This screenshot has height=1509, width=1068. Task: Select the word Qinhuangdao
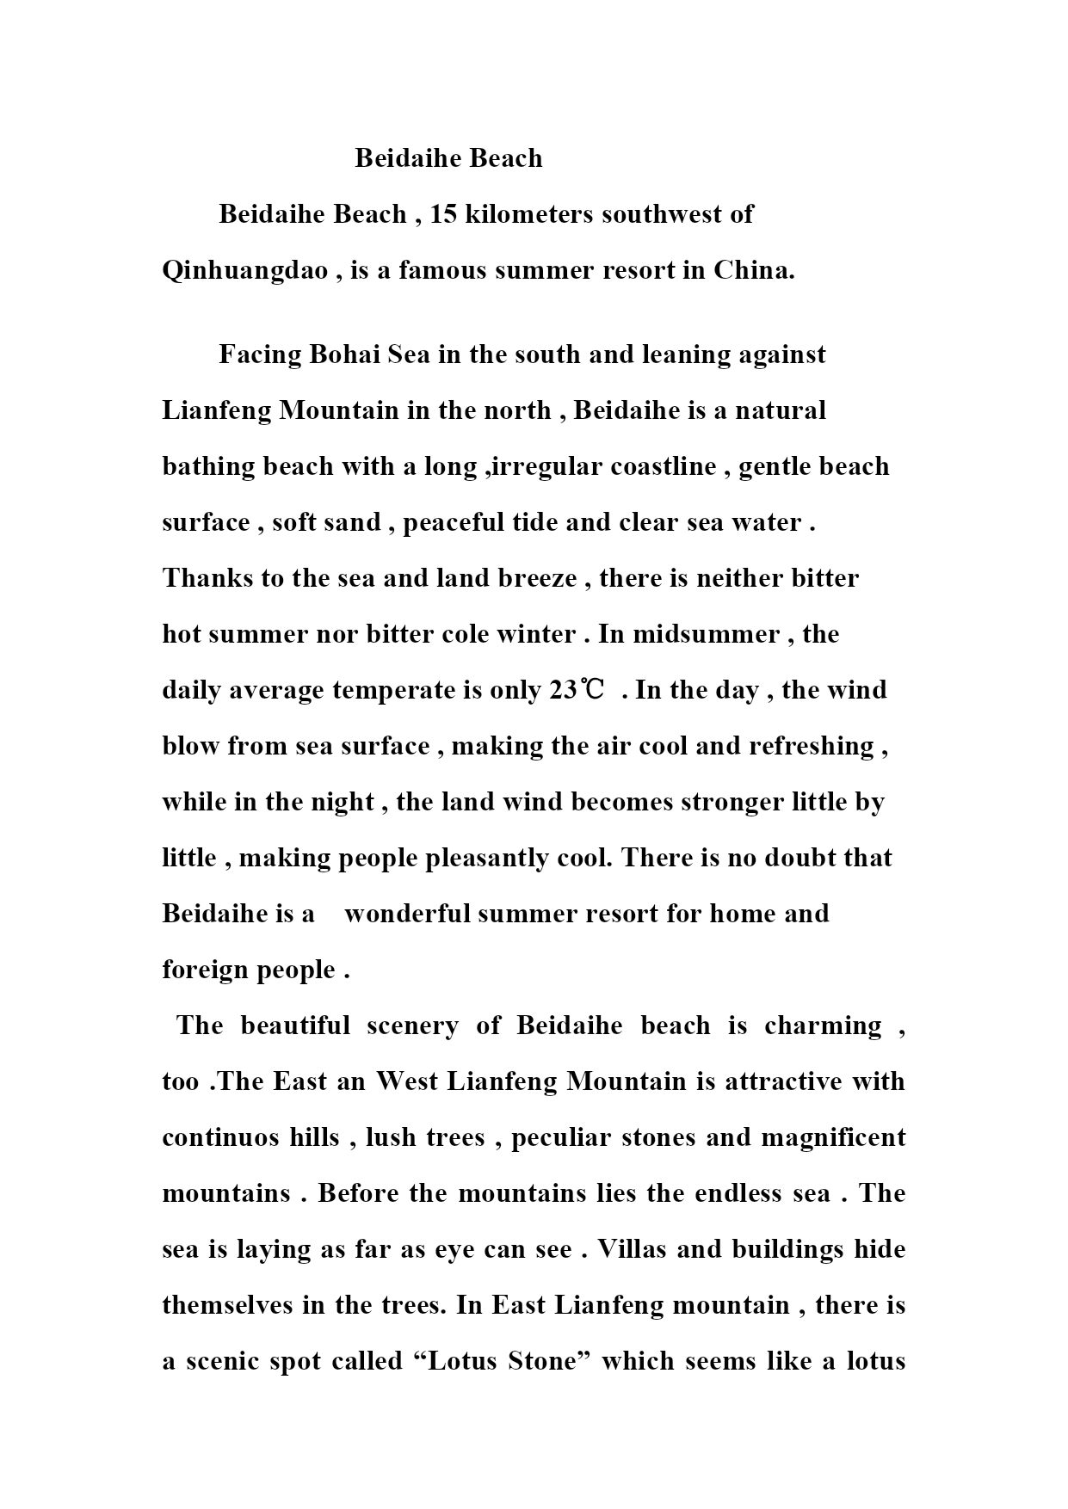[245, 271]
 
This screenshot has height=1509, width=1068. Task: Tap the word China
[753, 270]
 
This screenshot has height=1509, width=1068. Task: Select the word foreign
[203, 970]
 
